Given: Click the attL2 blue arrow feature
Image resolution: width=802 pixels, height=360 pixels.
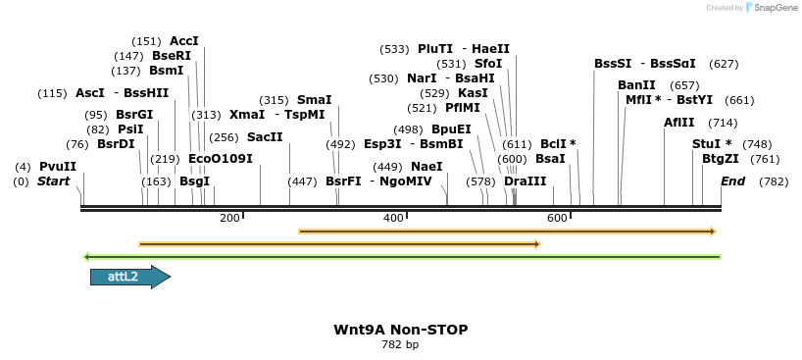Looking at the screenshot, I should pos(129,278).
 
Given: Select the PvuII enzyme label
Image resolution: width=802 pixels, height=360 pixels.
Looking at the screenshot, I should pos(57,167).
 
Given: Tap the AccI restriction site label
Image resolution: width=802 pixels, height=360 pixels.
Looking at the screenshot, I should pos(184,41).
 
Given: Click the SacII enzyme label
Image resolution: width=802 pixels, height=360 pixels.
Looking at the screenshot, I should pos(264,137).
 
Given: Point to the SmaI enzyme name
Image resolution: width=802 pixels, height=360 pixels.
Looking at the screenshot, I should pos(314,100).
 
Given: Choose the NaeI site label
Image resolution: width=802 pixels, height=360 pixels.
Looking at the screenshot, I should pos(426,167).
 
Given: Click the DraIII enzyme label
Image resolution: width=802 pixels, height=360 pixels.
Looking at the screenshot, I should pos(525,181).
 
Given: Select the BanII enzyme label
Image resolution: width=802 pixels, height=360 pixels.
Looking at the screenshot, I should pos(636,85).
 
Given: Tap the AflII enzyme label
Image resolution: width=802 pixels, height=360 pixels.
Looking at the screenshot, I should pos(679,123).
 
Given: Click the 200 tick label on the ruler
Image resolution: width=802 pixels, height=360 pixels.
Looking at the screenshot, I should pos(229,218).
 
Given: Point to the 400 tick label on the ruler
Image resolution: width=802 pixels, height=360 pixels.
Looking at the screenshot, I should pos(393,218).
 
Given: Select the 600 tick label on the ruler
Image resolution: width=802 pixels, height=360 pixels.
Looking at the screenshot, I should pos(558,218).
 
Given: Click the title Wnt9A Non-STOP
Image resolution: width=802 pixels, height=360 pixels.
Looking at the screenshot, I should pos(400,330).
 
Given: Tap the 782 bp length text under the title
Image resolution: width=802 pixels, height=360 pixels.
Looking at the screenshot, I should pos(400,344).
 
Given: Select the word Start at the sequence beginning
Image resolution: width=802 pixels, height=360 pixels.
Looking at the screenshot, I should pos(55,181).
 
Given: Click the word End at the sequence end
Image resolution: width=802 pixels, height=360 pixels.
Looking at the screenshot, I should pos(732,181).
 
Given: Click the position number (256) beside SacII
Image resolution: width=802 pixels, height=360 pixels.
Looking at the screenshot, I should pos(225,137).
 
